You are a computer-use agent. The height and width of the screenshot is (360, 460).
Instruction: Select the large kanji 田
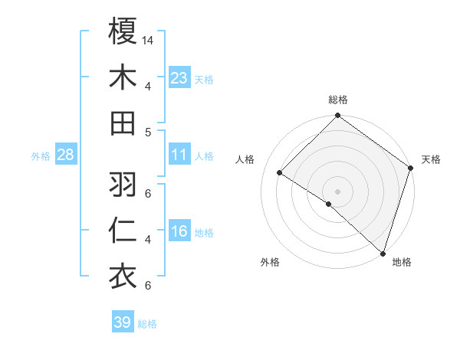[x=123, y=123]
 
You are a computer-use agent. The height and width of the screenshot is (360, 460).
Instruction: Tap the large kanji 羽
[x=123, y=184]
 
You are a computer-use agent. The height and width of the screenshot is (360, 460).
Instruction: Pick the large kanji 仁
[x=123, y=230]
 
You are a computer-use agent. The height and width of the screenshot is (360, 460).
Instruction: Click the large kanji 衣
[x=123, y=277]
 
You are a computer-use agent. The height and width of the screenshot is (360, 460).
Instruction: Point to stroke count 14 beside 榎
[x=148, y=39]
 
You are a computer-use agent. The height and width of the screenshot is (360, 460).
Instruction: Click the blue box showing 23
[x=179, y=77]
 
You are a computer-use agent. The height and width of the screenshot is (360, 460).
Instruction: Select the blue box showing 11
[x=179, y=155]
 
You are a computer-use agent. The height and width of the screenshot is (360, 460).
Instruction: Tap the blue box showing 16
[x=179, y=232]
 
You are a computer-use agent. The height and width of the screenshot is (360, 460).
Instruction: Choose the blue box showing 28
[x=66, y=155]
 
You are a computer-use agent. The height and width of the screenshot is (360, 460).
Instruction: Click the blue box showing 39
[x=123, y=322]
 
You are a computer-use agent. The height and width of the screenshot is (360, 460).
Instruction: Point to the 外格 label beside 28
[x=41, y=155]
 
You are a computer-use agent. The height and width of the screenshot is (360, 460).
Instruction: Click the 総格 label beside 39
[x=148, y=324]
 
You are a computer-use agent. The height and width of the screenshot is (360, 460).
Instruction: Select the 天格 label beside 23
[x=204, y=79]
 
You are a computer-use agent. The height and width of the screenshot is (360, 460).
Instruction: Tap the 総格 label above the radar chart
[x=338, y=100]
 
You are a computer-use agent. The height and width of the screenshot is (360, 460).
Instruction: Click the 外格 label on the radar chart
[x=270, y=262]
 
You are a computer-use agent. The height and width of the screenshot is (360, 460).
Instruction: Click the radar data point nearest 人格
[x=280, y=173]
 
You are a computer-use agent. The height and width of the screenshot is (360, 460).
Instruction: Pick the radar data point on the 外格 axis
[x=329, y=204]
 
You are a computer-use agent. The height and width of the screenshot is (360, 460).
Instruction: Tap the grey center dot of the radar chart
[x=338, y=191]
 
